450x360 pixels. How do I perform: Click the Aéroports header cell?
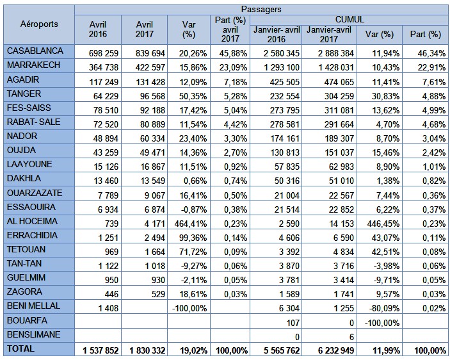[38, 24]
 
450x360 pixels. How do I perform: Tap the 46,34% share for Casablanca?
[428, 50]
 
